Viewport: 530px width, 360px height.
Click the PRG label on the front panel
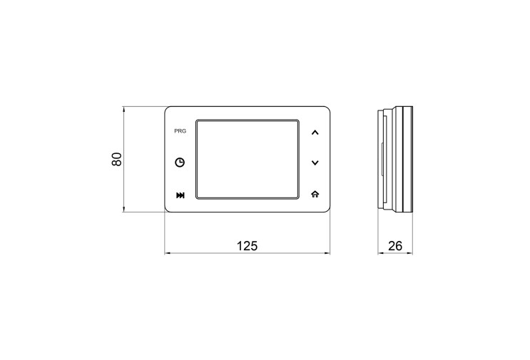coord(180,131)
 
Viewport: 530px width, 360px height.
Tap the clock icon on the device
coord(180,163)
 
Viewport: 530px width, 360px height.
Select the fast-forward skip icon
coord(180,195)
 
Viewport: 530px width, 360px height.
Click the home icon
coord(315,194)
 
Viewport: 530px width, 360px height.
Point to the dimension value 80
coord(116,160)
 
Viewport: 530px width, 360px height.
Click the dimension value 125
coord(247,246)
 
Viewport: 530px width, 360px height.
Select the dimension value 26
coord(395,246)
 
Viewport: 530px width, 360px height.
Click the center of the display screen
coord(248,159)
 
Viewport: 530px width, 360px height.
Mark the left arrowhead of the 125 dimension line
coord(167,253)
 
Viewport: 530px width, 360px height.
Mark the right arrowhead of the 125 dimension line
coord(328,253)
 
